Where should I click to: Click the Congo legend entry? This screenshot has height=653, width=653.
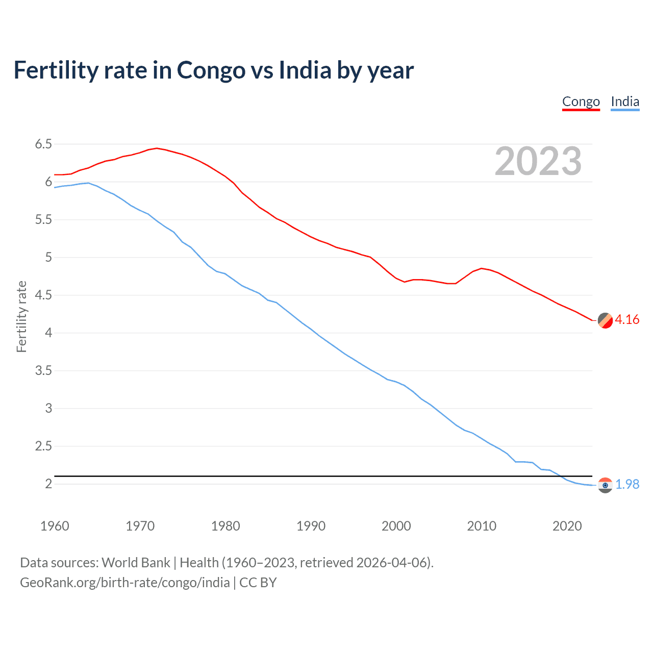click(581, 102)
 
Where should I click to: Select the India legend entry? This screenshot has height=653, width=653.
click(625, 102)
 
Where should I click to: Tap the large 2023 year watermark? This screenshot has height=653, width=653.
click(538, 161)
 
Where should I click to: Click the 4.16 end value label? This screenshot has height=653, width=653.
click(627, 320)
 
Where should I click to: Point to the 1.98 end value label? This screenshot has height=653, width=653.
click(627, 484)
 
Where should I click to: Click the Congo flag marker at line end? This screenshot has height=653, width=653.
click(605, 320)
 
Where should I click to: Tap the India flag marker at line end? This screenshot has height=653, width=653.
click(605, 485)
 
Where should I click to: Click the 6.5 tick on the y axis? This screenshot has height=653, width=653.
click(43, 144)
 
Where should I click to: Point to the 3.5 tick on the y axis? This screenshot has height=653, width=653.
click(43, 371)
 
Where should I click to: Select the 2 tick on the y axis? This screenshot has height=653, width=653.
click(48, 484)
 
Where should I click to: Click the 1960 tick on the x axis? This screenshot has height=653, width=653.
click(55, 526)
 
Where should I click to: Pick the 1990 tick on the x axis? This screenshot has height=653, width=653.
click(311, 526)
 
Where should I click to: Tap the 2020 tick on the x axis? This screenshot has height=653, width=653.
click(567, 526)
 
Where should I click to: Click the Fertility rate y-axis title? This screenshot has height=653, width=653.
click(21, 316)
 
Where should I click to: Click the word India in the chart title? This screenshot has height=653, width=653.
click(305, 70)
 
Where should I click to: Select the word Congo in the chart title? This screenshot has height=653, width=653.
click(211, 70)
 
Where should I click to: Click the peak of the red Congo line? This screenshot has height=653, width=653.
click(157, 148)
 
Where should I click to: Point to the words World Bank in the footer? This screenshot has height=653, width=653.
click(136, 563)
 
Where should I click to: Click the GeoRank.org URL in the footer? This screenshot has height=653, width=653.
click(124, 583)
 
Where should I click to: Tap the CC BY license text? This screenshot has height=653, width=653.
click(258, 583)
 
